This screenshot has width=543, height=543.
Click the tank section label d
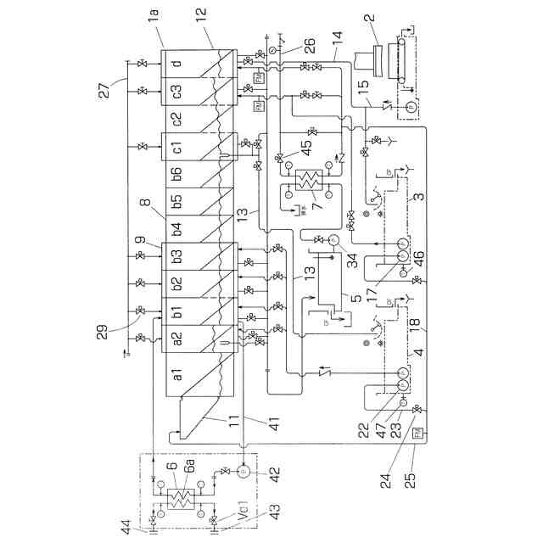pyautogui.click(x=176, y=63)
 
